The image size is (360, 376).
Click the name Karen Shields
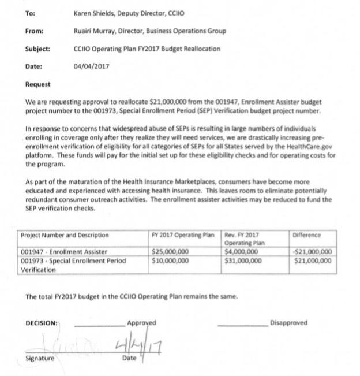pyautogui.click(x=95, y=13)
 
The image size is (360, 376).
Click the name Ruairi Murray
pyautogui.click(x=96, y=31)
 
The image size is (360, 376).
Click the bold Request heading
pyautogui.click(x=38, y=84)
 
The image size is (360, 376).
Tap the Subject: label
pyautogui.click(x=37, y=49)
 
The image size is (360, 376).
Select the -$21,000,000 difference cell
pyautogui.click(x=313, y=252)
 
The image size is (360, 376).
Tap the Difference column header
pyautogui.click(x=307, y=235)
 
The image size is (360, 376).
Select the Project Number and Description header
pyautogui.click(x=65, y=235)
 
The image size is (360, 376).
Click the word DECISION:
pyautogui.click(x=42, y=323)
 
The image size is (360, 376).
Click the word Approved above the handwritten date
pyautogui.click(x=141, y=323)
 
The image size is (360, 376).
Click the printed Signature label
pyautogui.click(x=40, y=358)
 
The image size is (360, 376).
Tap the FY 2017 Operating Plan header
pyautogui.click(x=182, y=235)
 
